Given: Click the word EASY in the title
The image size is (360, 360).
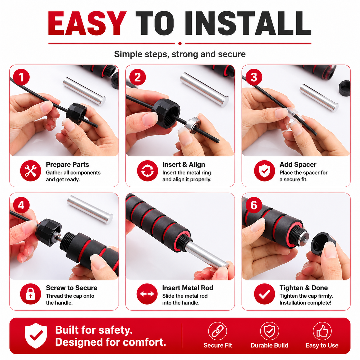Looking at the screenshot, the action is (87, 23).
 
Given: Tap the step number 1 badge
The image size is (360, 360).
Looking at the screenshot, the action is (21, 77).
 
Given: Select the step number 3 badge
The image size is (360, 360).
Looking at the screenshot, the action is (254, 77).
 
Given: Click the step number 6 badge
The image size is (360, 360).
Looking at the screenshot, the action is (254, 205).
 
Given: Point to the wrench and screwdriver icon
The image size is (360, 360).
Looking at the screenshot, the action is (31, 171).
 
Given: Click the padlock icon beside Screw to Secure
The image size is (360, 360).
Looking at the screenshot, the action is (31, 294).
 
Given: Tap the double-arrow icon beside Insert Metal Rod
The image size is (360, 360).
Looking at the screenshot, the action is (147, 294).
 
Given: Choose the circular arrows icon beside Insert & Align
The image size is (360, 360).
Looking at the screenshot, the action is (147, 171).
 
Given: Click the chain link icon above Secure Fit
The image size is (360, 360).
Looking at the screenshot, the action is (217, 331).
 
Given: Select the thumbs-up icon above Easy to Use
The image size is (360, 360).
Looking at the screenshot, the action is (322, 331).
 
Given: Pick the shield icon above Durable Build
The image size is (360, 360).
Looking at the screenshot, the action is (270, 331).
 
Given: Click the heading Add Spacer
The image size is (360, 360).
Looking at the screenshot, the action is (298, 165).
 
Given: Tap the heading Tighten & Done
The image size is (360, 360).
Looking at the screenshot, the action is (304, 288).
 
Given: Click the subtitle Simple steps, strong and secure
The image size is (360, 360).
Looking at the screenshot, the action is (180, 54).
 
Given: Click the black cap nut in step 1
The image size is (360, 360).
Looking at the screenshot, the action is (76, 114).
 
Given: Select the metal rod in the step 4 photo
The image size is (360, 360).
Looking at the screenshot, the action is (90, 209).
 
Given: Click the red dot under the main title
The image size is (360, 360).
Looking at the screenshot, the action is (180, 43).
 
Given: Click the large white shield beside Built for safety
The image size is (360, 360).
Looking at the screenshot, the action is (36, 335).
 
